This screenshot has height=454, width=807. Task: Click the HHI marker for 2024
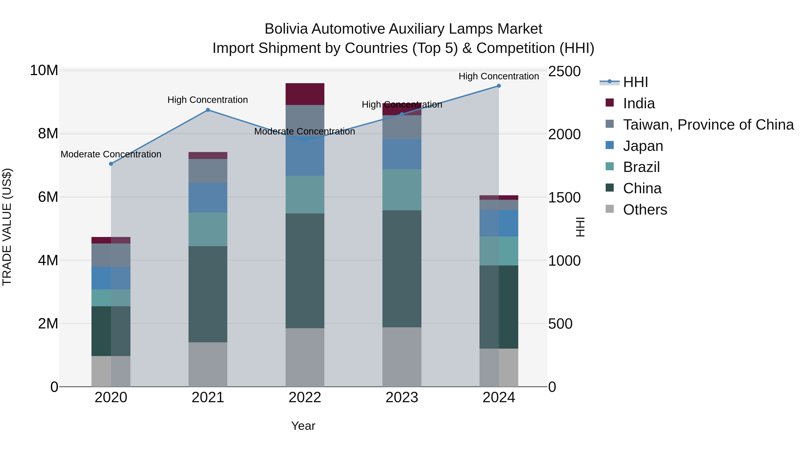coord(499,86)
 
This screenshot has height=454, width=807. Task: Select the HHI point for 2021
coord(208,110)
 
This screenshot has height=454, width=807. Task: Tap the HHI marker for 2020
coord(111,164)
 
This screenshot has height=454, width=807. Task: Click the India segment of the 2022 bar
coord(305,94)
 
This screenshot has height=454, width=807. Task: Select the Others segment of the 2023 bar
coord(402,357)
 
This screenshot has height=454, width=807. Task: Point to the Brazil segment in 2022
coord(305,195)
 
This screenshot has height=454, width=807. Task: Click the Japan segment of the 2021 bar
coord(208,198)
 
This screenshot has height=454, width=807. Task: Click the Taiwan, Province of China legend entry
coord(708,125)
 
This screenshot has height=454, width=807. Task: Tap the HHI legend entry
coord(635,82)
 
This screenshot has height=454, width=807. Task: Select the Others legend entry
coord(645,210)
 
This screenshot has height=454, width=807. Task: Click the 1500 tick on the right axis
coord(564,198)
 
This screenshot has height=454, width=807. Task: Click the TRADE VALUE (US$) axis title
coord(7,227)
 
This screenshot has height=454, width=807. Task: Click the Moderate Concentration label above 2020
coord(111,154)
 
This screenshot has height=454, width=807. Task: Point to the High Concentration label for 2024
coord(499,76)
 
